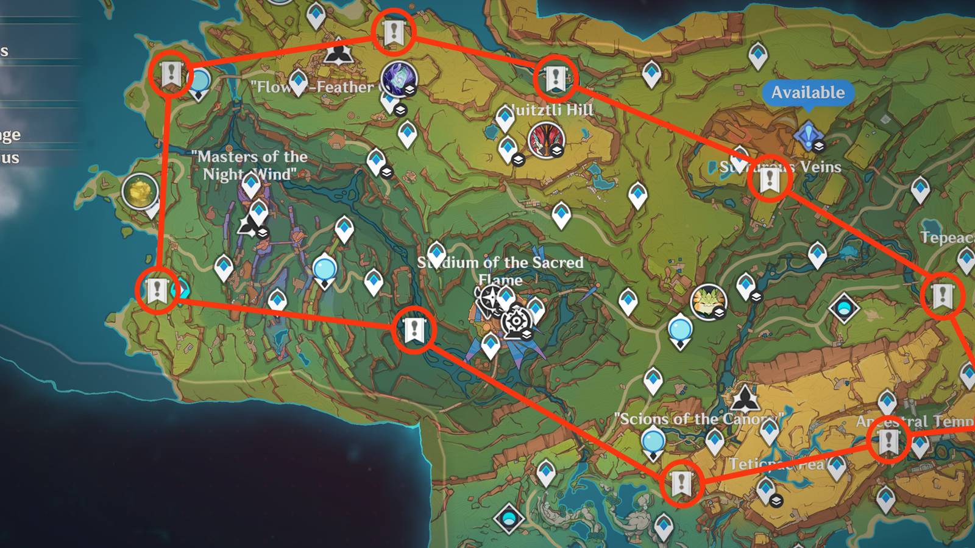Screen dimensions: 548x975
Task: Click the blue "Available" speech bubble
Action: [808, 93]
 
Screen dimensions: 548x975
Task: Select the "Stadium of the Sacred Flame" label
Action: [500, 263]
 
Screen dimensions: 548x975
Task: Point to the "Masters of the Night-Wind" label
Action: [249, 165]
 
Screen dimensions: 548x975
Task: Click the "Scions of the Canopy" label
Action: [698, 419]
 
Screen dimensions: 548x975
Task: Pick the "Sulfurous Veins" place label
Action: [780, 166]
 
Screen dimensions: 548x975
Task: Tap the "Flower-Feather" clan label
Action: [314, 87]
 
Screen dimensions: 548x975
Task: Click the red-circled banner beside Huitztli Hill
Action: [555, 79]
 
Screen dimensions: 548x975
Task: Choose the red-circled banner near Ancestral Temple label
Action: [888, 441]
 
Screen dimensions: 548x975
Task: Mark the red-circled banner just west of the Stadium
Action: [414, 330]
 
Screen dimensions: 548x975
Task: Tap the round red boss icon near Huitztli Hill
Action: [546, 139]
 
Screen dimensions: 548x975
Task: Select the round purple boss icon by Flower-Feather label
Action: [399, 79]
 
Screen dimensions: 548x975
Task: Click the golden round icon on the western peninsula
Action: [140, 191]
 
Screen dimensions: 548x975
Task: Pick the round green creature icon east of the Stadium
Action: [707, 301]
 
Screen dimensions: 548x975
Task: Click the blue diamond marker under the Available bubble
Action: [808, 135]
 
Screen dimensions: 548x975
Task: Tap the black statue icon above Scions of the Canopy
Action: [744, 399]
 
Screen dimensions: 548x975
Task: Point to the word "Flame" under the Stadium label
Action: [500, 280]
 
